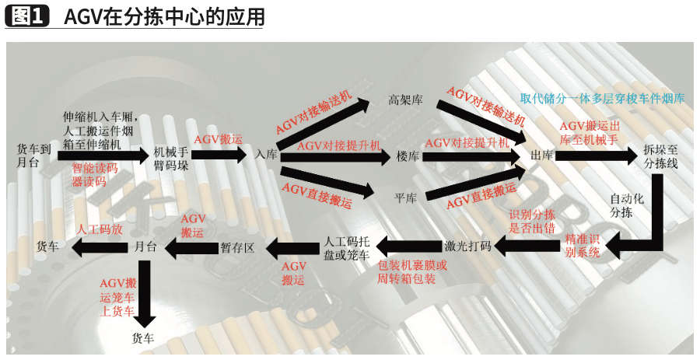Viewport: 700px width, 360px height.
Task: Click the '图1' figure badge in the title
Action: [27, 16]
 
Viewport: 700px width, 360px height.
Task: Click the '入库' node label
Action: [266, 155]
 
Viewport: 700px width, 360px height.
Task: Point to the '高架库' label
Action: [405, 100]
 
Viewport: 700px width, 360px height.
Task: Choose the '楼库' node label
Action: [408, 156]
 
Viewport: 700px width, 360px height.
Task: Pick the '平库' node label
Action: [405, 198]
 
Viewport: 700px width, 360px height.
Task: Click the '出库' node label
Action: [542, 156]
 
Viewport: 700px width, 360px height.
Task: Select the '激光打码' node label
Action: [468, 246]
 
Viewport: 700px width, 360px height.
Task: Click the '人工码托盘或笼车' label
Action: [346, 248]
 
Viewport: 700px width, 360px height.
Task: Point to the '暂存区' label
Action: [237, 247]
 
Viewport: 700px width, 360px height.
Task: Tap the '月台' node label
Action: [145, 246]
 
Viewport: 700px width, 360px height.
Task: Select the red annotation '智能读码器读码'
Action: [94, 175]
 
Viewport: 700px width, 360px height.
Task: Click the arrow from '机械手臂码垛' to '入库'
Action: [220, 155]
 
